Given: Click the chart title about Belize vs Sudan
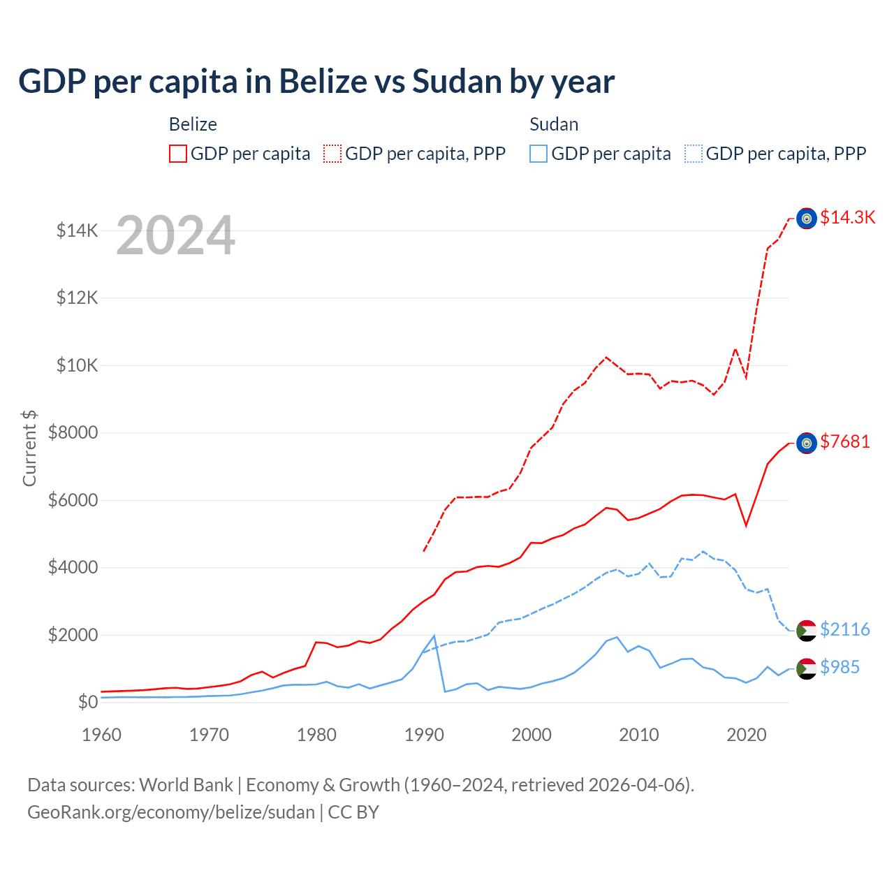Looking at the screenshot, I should click(316, 82).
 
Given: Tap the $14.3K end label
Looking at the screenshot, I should click(847, 217).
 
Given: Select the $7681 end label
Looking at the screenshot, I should click(845, 441).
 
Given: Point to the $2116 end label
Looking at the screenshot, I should click(845, 629).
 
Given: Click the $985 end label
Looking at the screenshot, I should click(840, 667).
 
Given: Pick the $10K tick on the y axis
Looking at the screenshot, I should click(77, 365).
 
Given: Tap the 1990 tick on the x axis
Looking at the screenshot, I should click(425, 735).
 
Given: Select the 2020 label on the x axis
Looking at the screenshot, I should click(747, 735).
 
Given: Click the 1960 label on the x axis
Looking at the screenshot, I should click(102, 735).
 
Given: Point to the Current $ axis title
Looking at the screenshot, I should click(29, 448).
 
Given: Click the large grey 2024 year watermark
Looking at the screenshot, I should click(175, 235).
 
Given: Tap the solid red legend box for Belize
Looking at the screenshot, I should click(178, 154).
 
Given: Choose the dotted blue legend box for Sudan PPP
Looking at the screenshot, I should click(694, 154).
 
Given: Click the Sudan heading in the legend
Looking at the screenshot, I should click(554, 124).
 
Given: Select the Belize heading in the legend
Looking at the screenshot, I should click(193, 124).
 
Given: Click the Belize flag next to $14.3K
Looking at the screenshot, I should click(807, 219).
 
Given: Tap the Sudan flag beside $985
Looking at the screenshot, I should click(807, 668).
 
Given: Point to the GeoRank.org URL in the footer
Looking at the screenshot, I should click(171, 812).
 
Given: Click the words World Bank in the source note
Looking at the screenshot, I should click(186, 785).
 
